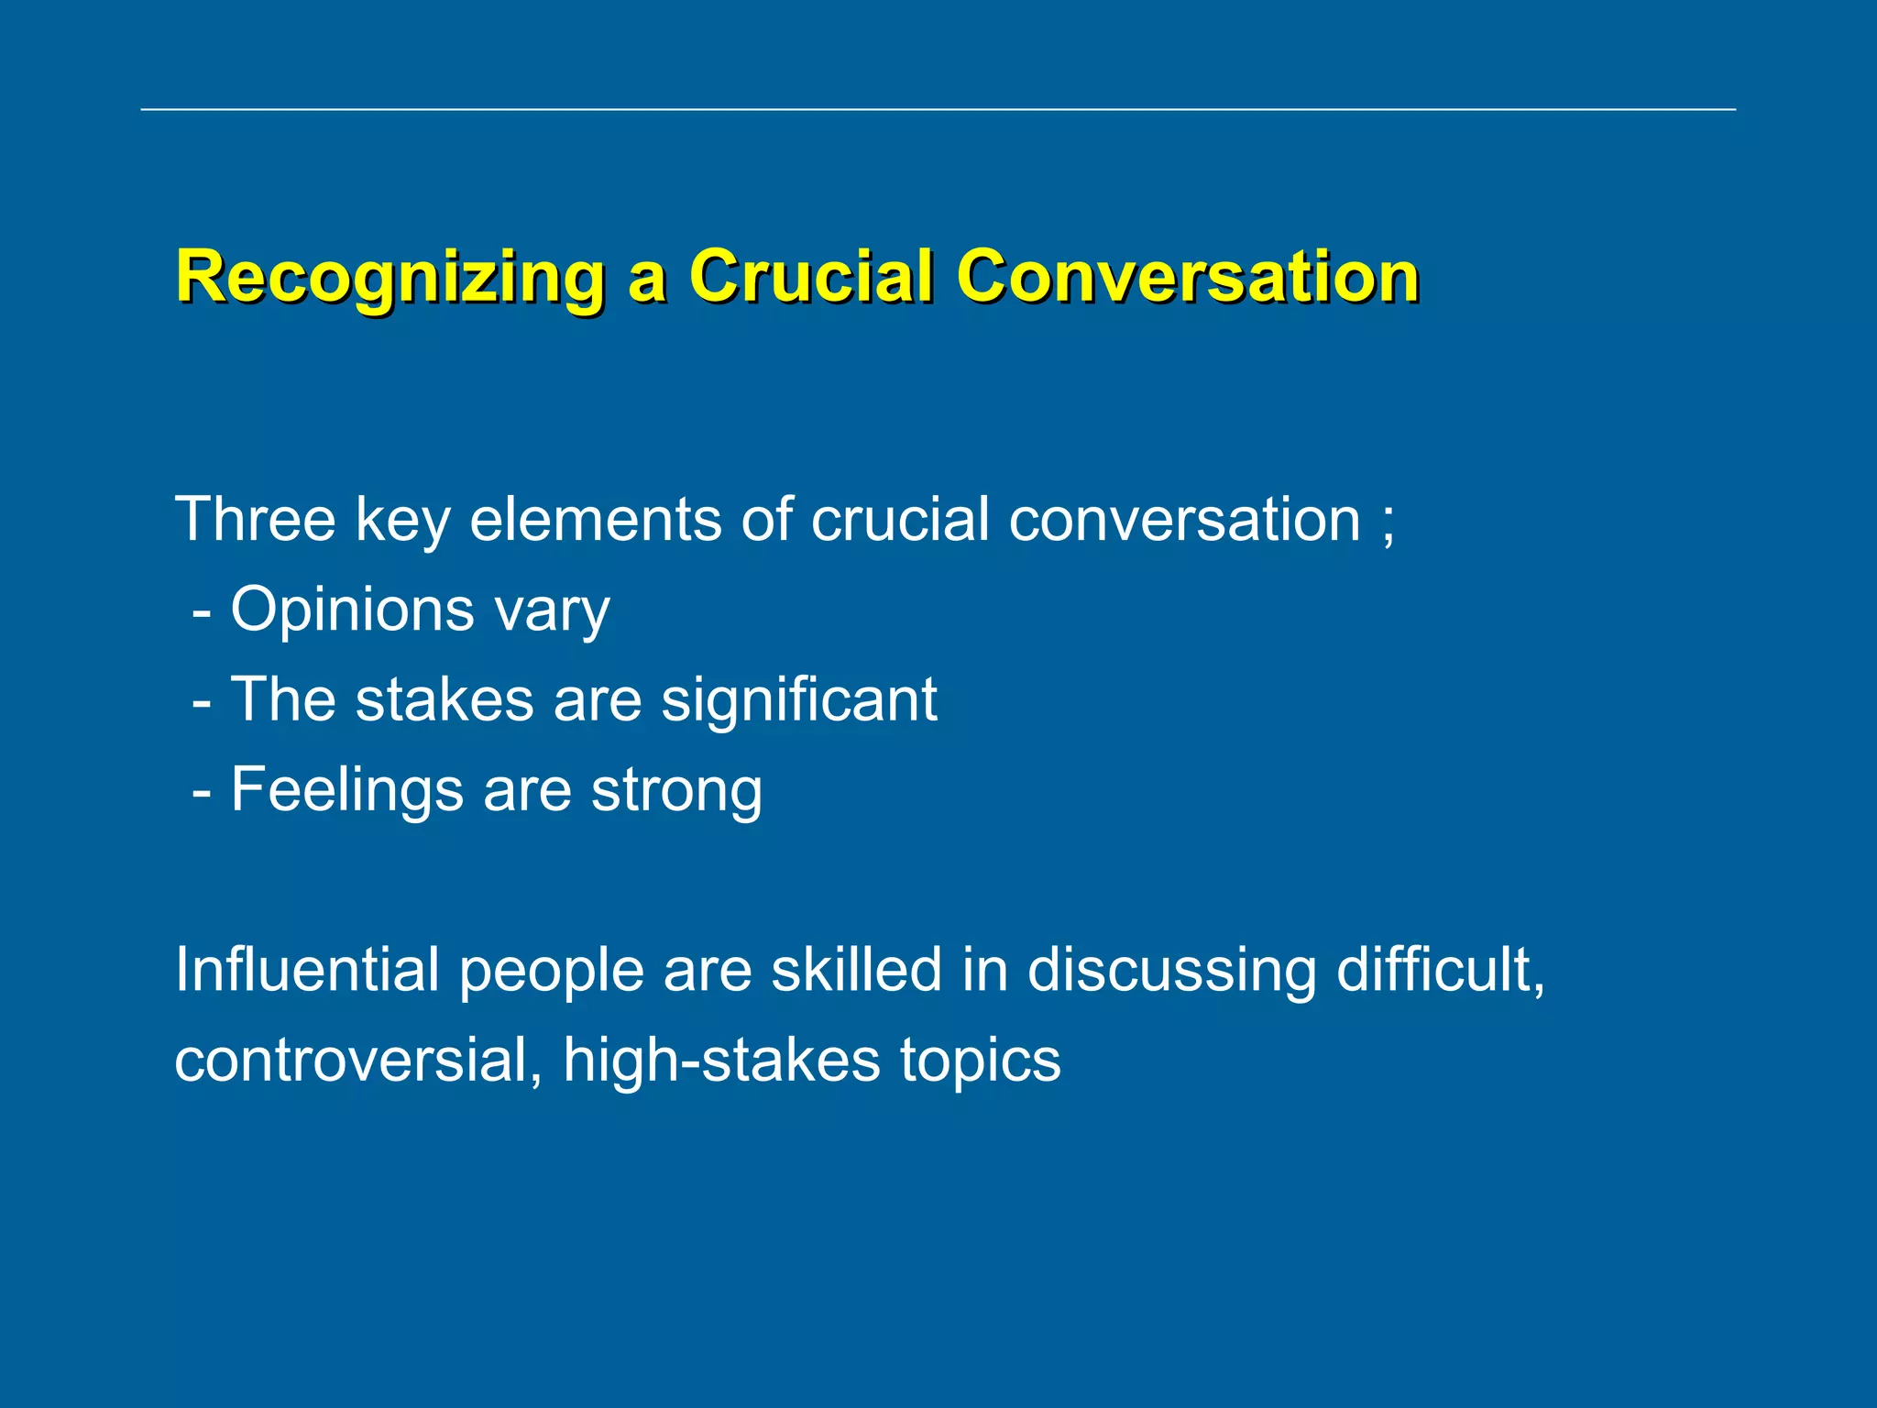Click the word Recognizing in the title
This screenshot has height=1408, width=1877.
tap(390, 277)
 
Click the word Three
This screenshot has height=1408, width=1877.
tap(256, 520)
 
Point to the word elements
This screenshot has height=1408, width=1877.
tap(595, 520)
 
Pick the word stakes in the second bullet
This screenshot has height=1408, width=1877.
tap(445, 700)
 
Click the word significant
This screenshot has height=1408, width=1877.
tap(799, 700)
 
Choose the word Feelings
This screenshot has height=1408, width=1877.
tap(346, 791)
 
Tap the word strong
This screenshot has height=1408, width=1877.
tap(676, 791)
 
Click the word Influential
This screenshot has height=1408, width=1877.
tap(307, 970)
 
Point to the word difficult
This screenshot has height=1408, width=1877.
tap(1440, 970)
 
